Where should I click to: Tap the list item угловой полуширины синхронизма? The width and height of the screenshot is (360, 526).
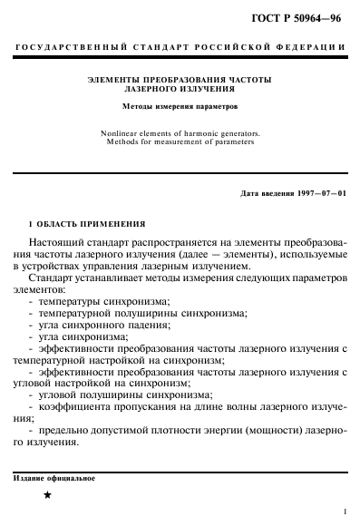click(x=122, y=394)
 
